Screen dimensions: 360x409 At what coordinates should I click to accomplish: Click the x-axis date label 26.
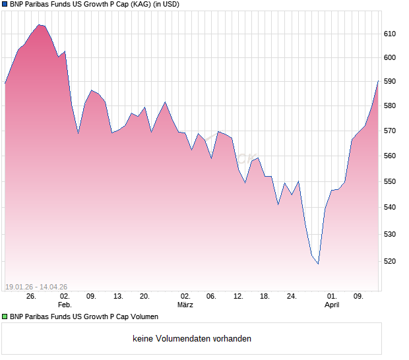[x=30, y=297]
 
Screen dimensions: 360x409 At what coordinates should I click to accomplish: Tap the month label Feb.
[x=64, y=305]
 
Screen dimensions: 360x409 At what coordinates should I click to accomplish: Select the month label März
[x=185, y=305]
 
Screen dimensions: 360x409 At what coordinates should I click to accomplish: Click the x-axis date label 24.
[x=292, y=297]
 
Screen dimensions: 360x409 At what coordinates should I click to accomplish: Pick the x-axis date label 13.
[x=118, y=297]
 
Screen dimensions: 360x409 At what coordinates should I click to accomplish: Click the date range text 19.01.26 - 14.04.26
[x=36, y=287]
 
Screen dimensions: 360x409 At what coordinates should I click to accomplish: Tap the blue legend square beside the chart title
[x=5, y=4]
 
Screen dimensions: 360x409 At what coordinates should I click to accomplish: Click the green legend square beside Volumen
[x=5, y=317]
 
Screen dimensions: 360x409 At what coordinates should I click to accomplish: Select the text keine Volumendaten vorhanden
[x=192, y=339]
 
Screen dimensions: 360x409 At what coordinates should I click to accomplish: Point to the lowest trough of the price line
[x=318, y=264]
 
